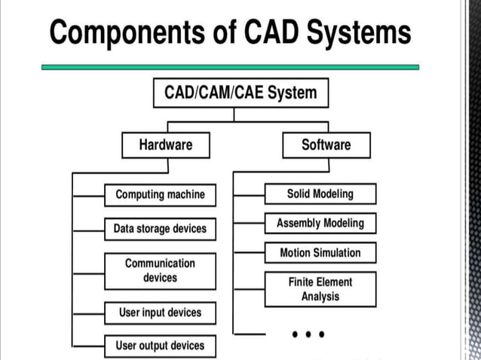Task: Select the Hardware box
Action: point(165,145)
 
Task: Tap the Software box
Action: point(326,145)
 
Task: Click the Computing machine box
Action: point(160,194)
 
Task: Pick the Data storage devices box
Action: point(160,228)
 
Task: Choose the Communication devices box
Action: point(160,270)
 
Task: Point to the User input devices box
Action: point(160,312)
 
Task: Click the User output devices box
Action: point(160,346)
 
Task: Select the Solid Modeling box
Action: point(320,194)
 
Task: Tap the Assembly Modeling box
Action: point(320,223)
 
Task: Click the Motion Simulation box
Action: point(320,253)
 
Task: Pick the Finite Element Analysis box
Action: point(320,289)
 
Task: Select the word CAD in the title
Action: point(277,33)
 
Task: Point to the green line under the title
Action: point(230,67)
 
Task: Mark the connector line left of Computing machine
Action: point(88,194)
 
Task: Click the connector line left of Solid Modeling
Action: point(249,194)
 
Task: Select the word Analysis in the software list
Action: point(320,297)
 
